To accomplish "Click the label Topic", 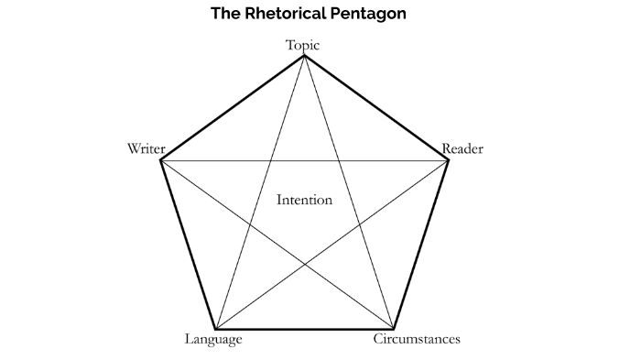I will pyautogui.click(x=303, y=44).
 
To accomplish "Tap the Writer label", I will pyautogui.click(x=146, y=148).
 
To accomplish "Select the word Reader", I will pyautogui.click(x=462, y=148).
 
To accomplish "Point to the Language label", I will pyautogui.click(x=213, y=340).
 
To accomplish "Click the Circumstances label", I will pyautogui.click(x=417, y=340).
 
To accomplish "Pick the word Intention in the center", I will pyautogui.click(x=304, y=200).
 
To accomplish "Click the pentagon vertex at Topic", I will pyautogui.click(x=304, y=56).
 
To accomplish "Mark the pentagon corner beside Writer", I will pyautogui.click(x=160, y=160).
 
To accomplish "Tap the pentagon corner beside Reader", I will pyautogui.click(x=449, y=160).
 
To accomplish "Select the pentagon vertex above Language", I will pyautogui.click(x=214, y=329).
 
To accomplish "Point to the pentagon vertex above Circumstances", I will pyautogui.click(x=394, y=329).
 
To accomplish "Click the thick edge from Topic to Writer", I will pyautogui.click(x=232, y=108).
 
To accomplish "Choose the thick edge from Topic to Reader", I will pyautogui.click(x=376, y=108).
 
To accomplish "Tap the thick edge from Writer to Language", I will pyautogui.click(x=187, y=245).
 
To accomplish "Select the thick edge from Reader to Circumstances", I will pyautogui.click(x=421, y=245).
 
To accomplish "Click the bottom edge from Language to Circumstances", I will pyautogui.click(x=304, y=329).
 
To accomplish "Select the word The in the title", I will pyautogui.click(x=225, y=14).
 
